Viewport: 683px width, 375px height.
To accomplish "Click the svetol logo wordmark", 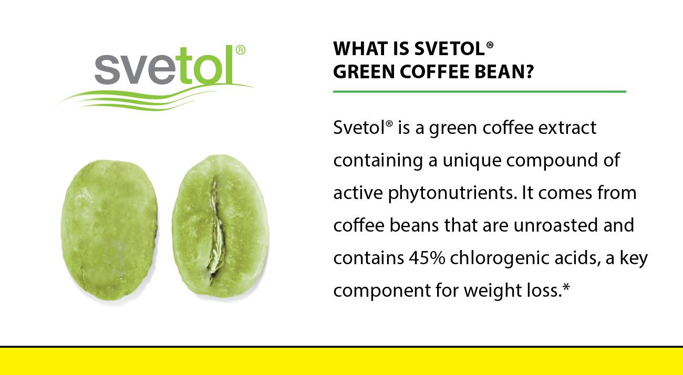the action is coord(164,65).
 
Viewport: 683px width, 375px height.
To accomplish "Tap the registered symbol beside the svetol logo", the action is coord(241,50).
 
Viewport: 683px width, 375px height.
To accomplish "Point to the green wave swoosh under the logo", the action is coord(154,98).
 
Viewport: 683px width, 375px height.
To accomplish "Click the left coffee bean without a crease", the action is coord(109,230).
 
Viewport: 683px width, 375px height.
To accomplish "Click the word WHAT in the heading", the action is coord(361,49).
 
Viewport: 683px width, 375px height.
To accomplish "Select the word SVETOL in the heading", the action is coord(450,49).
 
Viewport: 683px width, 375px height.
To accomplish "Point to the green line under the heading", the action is coord(480,91).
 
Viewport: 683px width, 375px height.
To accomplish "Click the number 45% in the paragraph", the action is coord(427,258).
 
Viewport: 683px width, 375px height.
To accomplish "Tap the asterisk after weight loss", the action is coord(566,287).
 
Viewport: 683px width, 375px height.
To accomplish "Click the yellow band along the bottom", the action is coord(341,361).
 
